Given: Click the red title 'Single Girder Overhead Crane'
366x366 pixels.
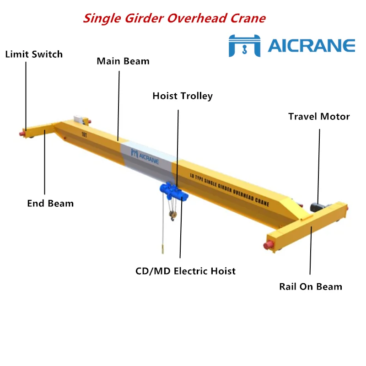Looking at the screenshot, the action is point(174,18).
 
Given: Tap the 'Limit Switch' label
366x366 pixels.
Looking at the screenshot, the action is point(34,54).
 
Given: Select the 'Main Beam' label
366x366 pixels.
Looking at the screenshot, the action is point(123,61).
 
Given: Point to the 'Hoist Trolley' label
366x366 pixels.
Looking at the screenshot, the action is point(183,96).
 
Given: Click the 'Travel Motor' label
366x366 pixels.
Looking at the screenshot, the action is point(319,117).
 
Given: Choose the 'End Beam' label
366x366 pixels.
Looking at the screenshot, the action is point(50,203).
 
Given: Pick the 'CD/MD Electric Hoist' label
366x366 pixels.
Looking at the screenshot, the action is point(185,271).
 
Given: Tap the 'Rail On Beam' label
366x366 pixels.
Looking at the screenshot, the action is point(311,287).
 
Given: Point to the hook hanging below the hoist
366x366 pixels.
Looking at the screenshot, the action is point(172,218).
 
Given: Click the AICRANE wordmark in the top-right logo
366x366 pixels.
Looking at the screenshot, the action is point(311,45).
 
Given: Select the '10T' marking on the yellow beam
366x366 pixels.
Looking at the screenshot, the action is point(84,135).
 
